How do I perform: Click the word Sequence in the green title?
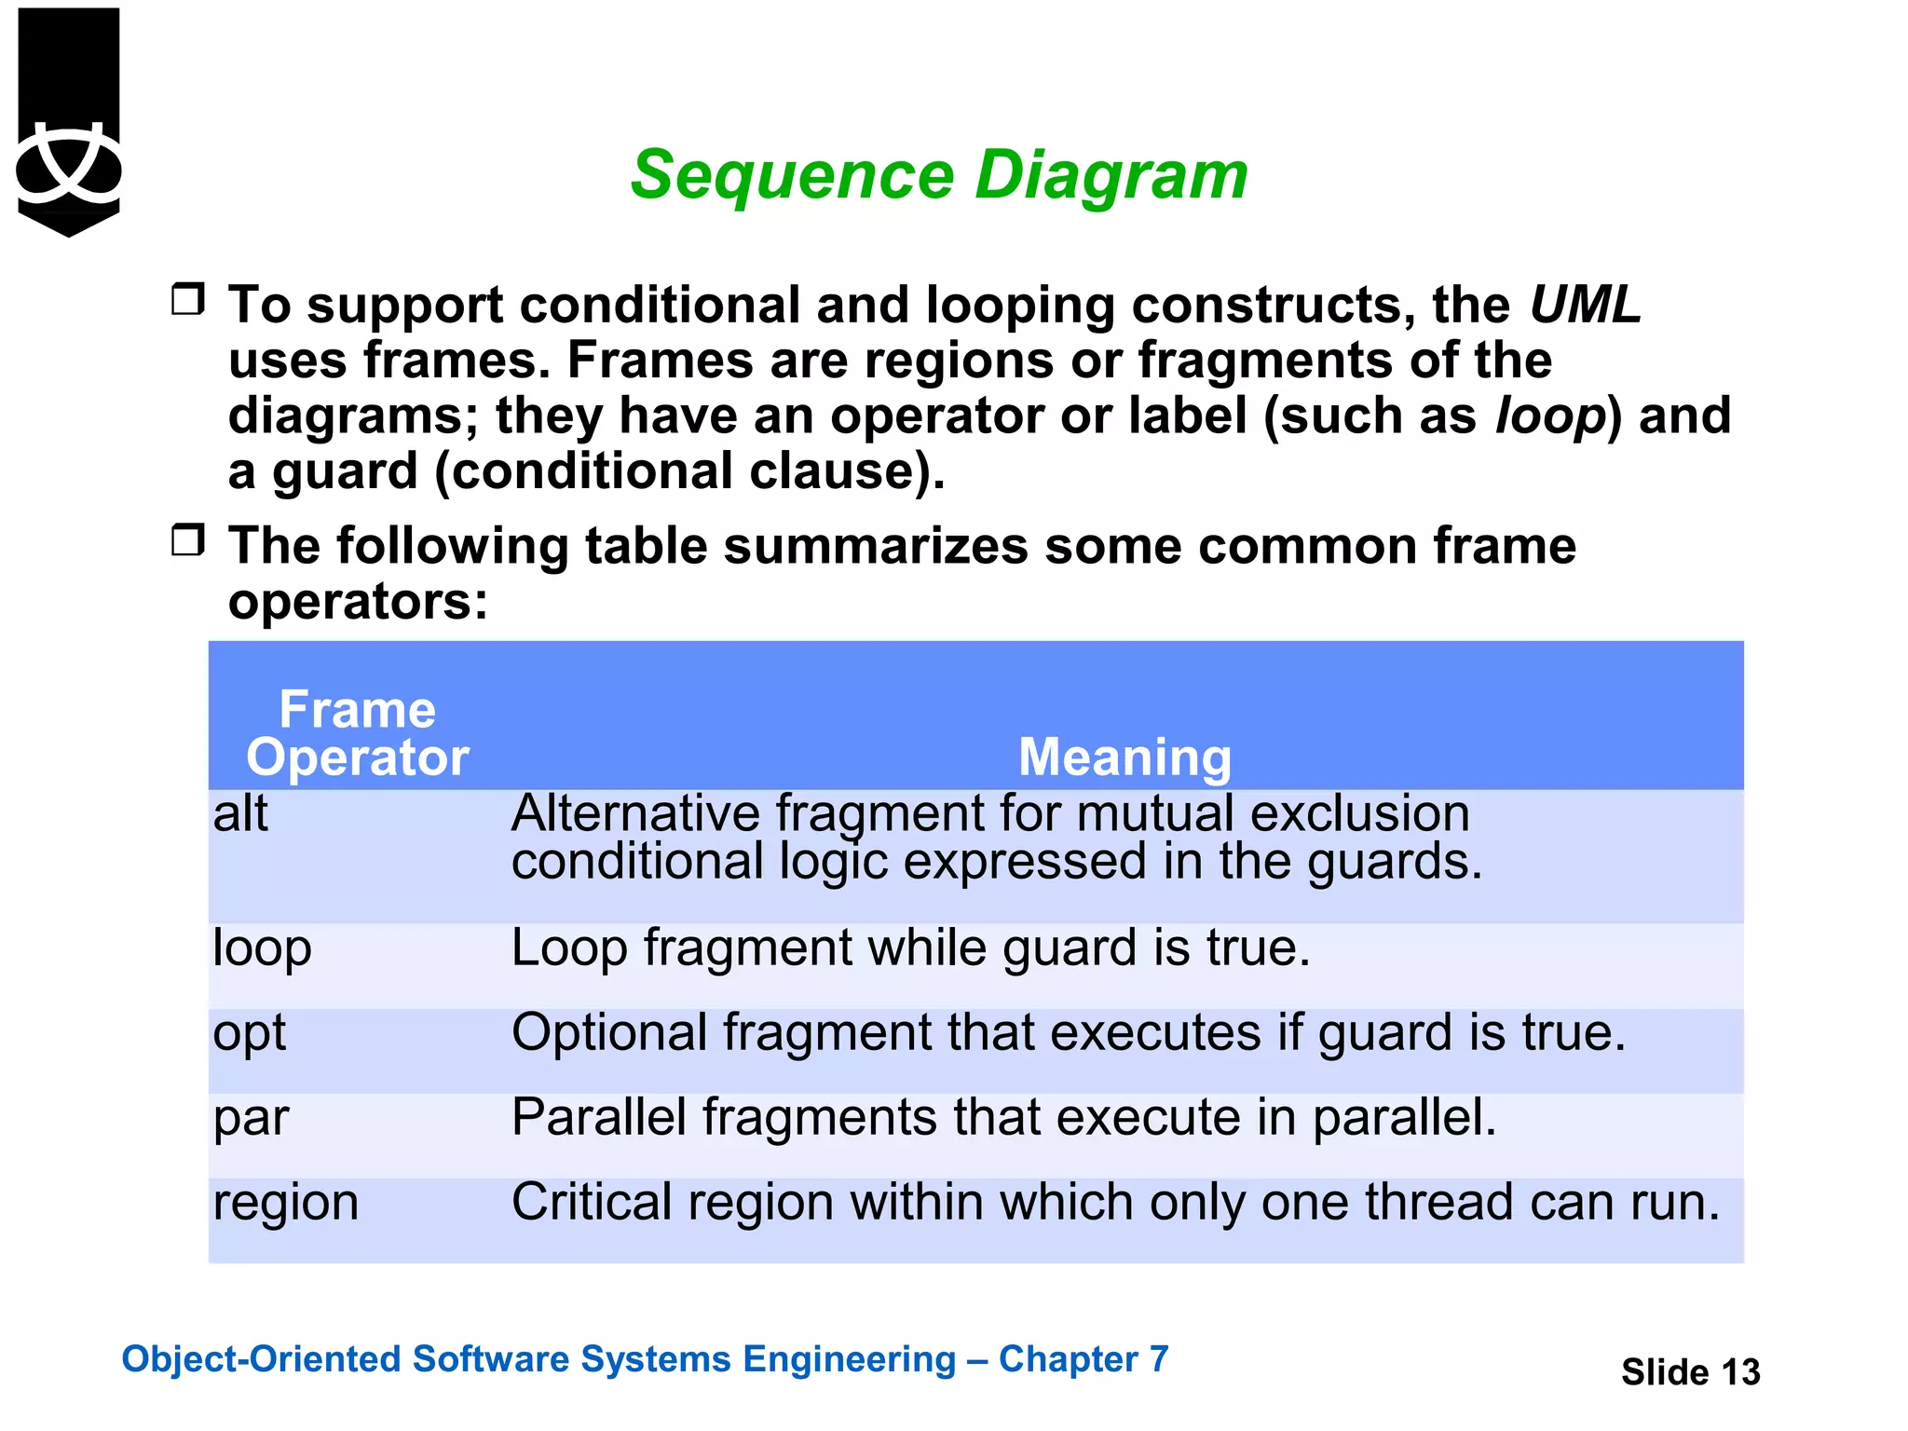pyautogui.click(x=792, y=176)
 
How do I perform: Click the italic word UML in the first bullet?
pyautogui.click(x=1585, y=305)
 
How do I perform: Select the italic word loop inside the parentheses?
pyautogui.click(x=1551, y=416)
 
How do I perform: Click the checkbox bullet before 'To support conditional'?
pyautogui.click(x=188, y=300)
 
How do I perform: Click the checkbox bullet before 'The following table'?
pyautogui.click(x=188, y=540)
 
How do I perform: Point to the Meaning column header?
pyautogui.click(x=1124, y=756)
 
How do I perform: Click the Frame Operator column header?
pyautogui.click(x=358, y=733)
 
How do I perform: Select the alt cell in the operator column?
pyautogui.click(x=240, y=813)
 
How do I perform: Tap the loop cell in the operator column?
pyautogui.click(x=262, y=948)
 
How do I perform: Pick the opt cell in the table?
pyautogui.click(x=249, y=1033)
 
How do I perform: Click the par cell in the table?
pyautogui.click(x=251, y=1118)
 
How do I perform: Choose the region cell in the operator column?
pyautogui.click(x=285, y=1203)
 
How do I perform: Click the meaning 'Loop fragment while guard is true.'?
pyautogui.click(x=910, y=948)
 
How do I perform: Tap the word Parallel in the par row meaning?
pyautogui.click(x=599, y=1117)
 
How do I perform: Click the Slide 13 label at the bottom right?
pyautogui.click(x=1690, y=1372)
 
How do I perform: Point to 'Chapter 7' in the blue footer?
pyautogui.click(x=1083, y=1359)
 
